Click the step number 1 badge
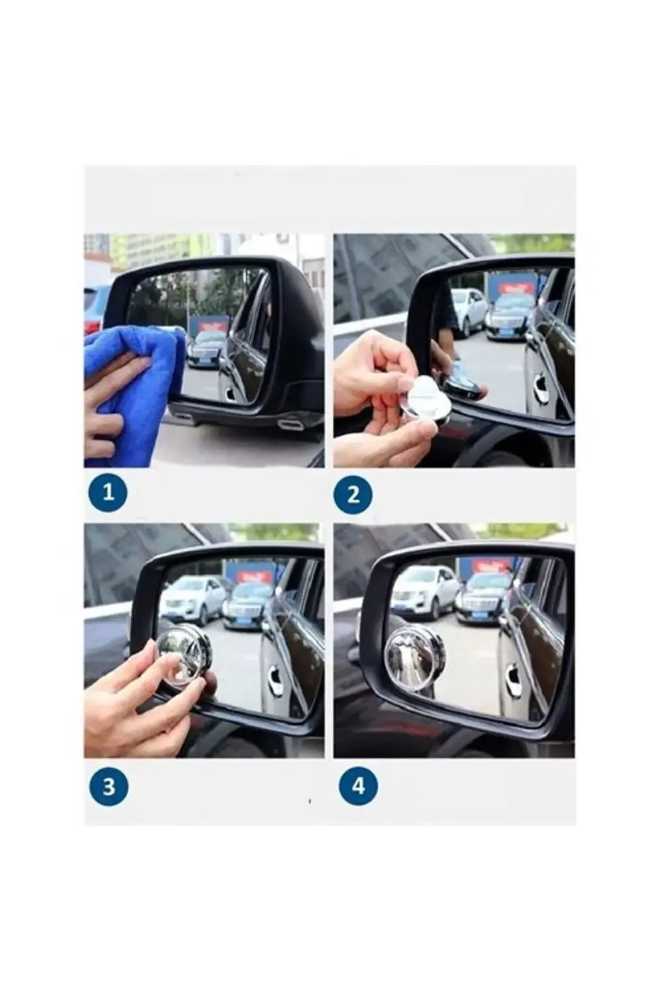[x=108, y=492]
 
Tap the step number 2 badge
[x=353, y=495]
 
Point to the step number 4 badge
[x=358, y=786]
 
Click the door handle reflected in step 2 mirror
[x=541, y=381]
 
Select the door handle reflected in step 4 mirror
[x=513, y=672]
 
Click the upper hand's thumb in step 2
[x=401, y=374]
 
